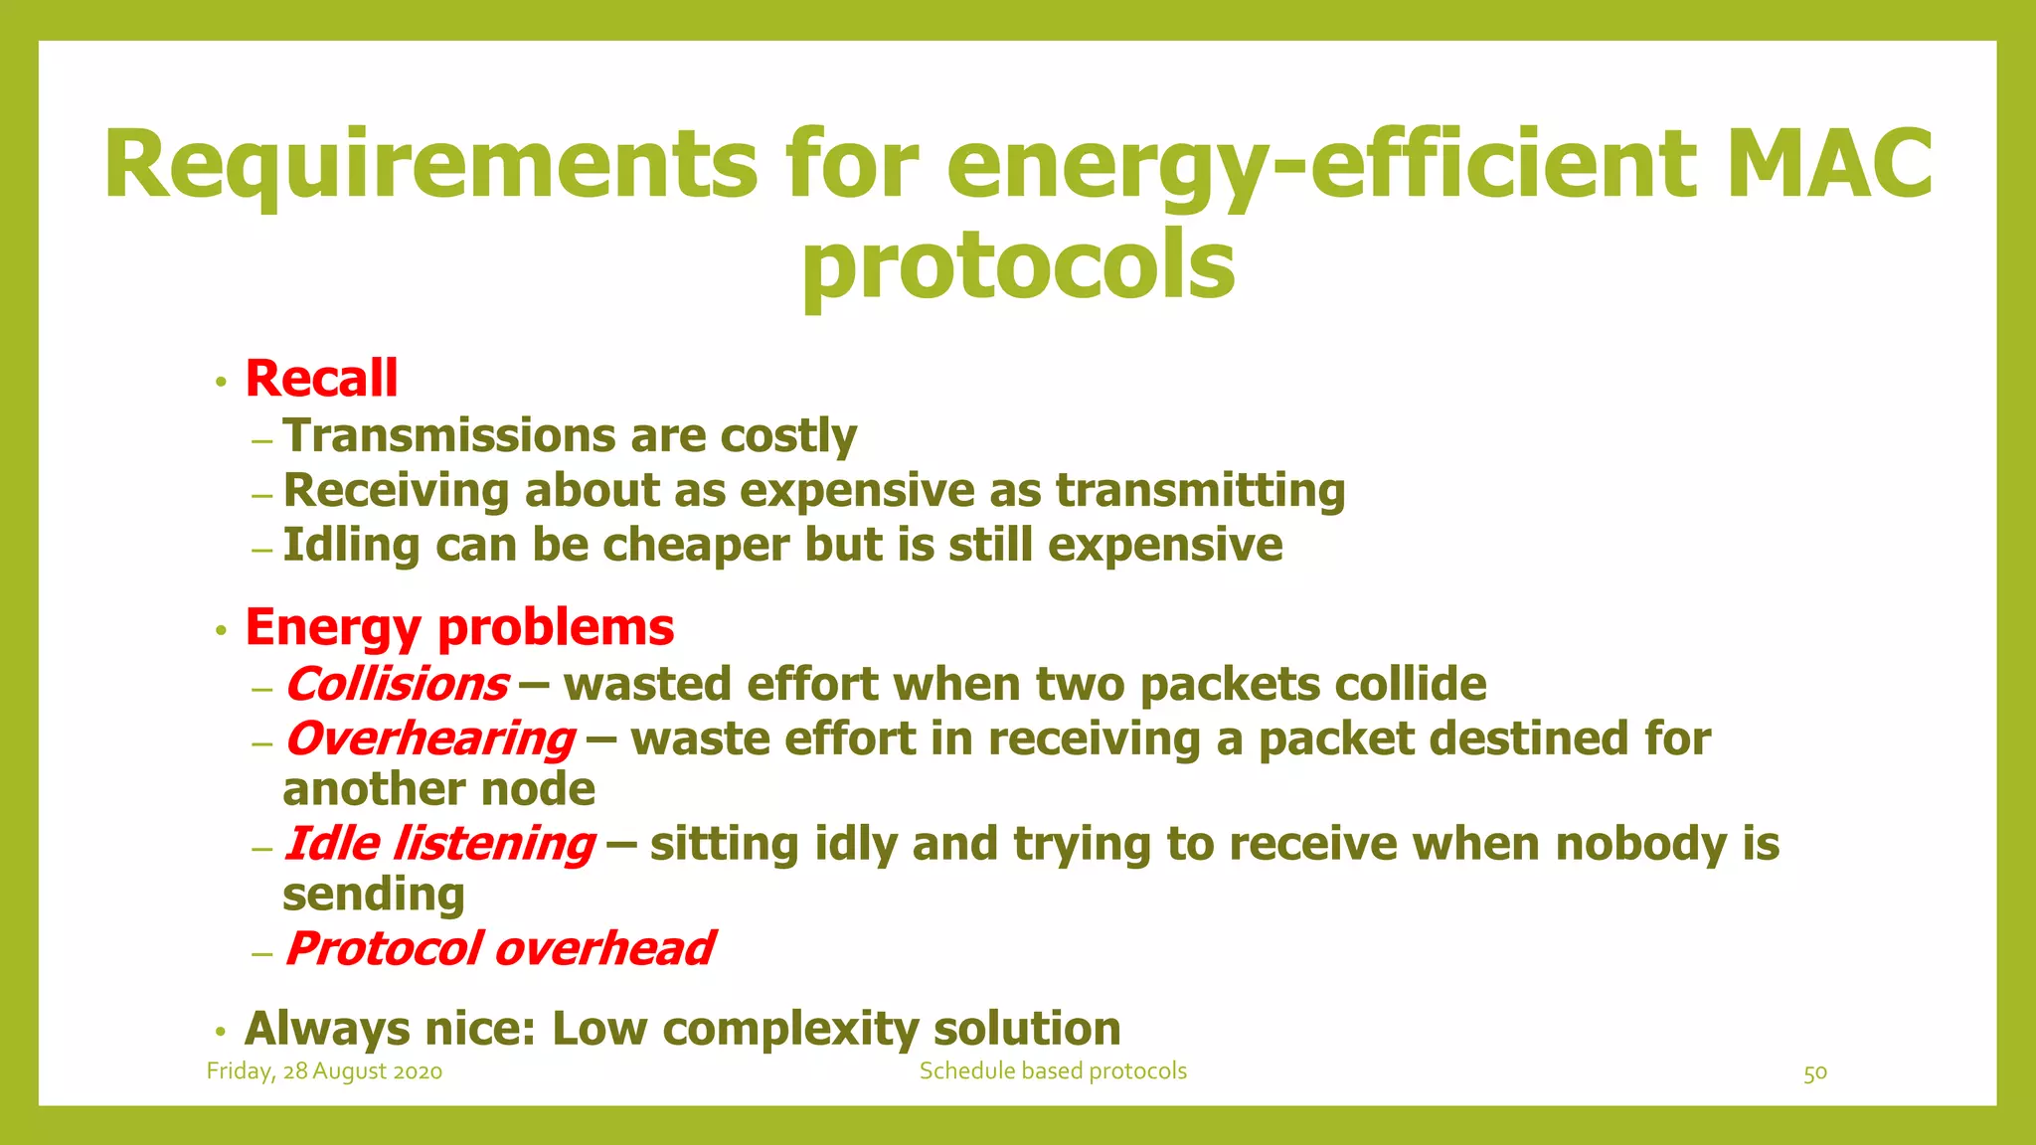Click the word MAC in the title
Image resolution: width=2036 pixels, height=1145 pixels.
tap(1829, 164)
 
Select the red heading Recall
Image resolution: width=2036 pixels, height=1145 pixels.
tap(321, 379)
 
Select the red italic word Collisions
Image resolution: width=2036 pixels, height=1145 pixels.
tap(397, 684)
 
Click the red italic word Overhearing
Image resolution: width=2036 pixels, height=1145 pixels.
tap(429, 738)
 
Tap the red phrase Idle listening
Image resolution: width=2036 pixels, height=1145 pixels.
tap(439, 844)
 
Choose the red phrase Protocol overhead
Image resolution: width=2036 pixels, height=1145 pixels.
tap(499, 948)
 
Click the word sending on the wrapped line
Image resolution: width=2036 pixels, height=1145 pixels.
tap(374, 895)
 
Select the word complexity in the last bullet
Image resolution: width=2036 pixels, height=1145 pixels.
tap(790, 1029)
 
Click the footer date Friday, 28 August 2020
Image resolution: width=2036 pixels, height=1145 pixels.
tap(324, 1071)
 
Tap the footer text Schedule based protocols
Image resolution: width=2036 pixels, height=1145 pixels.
tap(1053, 1071)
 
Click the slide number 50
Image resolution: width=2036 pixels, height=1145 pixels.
tap(1815, 1073)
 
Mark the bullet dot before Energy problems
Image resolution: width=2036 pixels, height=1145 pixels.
tap(222, 630)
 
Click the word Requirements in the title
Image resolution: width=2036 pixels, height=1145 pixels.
tap(430, 164)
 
